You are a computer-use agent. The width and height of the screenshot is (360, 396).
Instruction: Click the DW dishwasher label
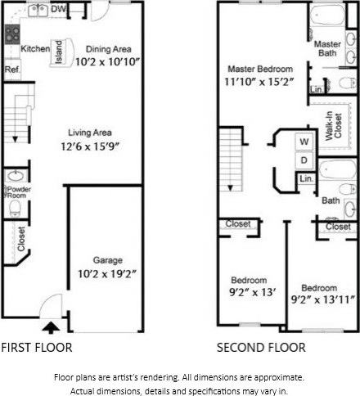[58, 9]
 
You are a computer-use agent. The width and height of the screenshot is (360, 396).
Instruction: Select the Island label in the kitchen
[59, 53]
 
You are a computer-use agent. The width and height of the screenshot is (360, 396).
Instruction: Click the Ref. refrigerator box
[11, 70]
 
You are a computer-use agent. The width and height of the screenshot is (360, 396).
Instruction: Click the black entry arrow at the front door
[51, 327]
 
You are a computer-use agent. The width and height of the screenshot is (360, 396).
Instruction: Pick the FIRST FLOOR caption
[37, 348]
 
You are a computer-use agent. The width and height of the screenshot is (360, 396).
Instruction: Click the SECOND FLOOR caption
[261, 348]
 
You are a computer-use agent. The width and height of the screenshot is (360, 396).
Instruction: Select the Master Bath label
[328, 48]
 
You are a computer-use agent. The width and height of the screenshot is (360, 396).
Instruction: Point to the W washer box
[301, 142]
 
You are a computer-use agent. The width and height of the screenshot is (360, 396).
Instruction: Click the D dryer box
[301, 160]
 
